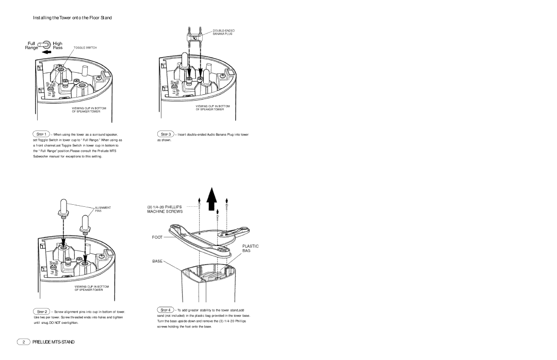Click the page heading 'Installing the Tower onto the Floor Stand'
click(72, 18)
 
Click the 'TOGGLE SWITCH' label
click(85, 47)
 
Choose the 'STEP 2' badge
click(42, 312)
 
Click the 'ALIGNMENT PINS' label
click(103, 209)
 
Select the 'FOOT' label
click(157, 237)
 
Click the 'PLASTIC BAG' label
click(250, 249)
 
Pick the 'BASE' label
click(157, 261)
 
